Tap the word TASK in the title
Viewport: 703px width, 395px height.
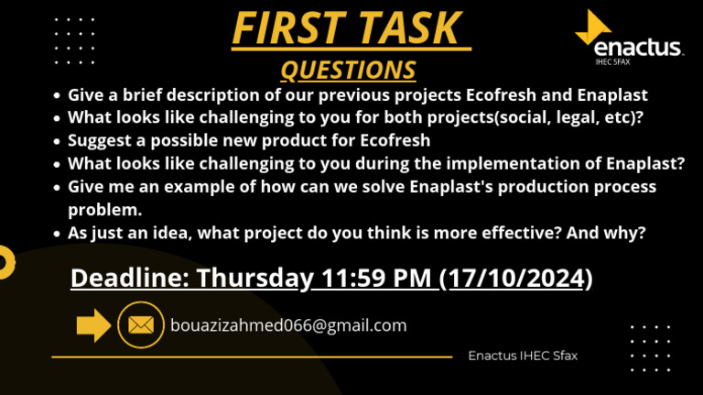(410, 27)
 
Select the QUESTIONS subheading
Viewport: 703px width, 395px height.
(349, 70)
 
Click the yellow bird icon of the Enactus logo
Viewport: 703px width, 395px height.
(593, 27)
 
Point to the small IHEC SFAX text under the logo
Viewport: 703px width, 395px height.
(613, 62)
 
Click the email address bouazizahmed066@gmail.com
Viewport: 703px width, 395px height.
(288, 325)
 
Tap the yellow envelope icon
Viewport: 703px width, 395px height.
(141, 325)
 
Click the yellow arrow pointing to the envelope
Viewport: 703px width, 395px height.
(93, 325)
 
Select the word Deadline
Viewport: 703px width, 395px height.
(130, 278)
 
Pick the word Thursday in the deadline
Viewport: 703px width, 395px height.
(254, 279)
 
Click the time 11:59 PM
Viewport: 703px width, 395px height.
(376, 278)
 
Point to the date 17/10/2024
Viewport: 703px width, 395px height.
(516, 278)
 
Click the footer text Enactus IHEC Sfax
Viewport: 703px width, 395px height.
(523, 356)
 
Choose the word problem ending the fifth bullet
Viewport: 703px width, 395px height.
(105, 210)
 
